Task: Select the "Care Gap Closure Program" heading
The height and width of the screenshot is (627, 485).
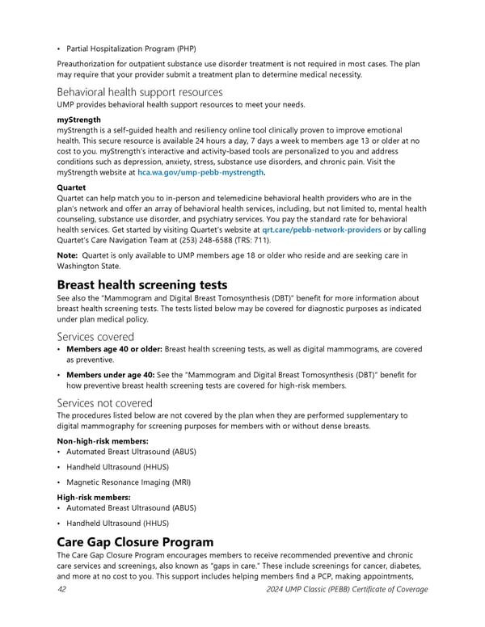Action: [x=136, y=542]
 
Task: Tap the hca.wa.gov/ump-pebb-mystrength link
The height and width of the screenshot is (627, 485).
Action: [x=200, y=172]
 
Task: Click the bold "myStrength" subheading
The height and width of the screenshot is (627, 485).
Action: [x=79, y=120]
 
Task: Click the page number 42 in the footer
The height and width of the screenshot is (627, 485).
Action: [x=63, y=589]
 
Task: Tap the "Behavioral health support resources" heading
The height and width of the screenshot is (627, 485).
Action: [x=140, y=93]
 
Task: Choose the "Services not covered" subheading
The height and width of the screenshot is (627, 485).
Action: [x=105, y=403]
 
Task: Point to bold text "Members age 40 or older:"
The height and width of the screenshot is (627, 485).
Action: [x=114, y=349]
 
